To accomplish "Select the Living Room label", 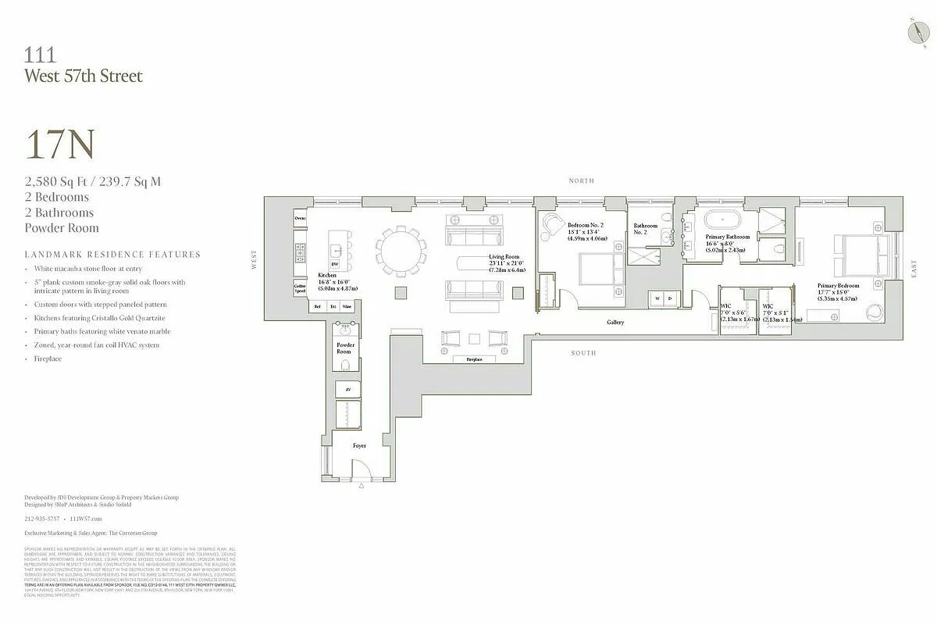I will [x=504, y=257].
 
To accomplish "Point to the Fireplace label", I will [x=474, y=359].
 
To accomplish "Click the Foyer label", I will [x=359, y=445].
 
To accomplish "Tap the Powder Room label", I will [x=345, y=348].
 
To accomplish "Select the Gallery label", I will [x=615, y=322].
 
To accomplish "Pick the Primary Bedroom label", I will [x=838, y=286].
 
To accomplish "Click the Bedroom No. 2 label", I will [x=585, y=225].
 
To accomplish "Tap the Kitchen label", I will [x=327, y=276].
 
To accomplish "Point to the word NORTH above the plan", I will [x=581, y=180].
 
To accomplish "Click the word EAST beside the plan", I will [x=914, y=269].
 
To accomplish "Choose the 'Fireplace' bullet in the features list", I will [x=48, y=359].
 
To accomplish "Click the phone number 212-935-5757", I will [x=42, y=518].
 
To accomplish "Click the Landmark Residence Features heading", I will [x=112, y=254].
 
